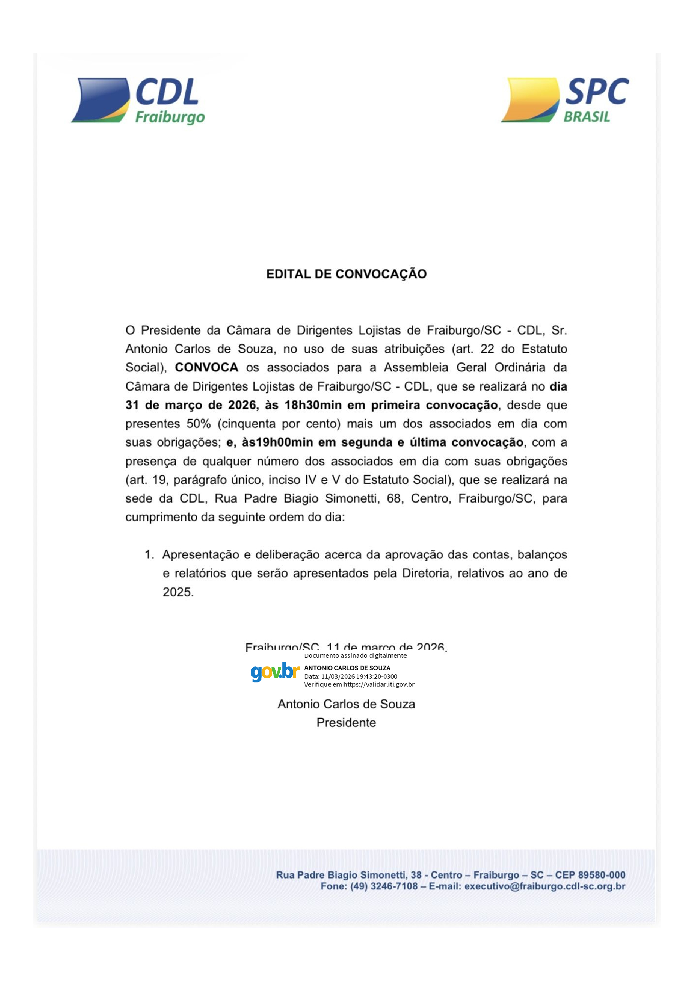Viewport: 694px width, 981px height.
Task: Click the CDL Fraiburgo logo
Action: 138,101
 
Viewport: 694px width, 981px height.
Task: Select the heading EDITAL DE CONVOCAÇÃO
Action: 346,274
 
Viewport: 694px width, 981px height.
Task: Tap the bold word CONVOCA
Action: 206,367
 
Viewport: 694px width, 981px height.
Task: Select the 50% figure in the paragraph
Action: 198,424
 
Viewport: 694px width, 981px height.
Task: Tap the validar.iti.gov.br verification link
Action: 378,684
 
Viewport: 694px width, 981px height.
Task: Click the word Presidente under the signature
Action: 346,723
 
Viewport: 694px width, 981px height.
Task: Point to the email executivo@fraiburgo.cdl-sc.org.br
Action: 545,886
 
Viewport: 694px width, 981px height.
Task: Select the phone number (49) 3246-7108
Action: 384,886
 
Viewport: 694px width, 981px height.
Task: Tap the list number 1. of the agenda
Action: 149,554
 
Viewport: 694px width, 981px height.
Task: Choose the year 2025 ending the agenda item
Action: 177,592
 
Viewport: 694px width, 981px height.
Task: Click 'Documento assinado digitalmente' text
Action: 355,656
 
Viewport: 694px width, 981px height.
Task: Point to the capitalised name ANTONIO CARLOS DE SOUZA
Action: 347,668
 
